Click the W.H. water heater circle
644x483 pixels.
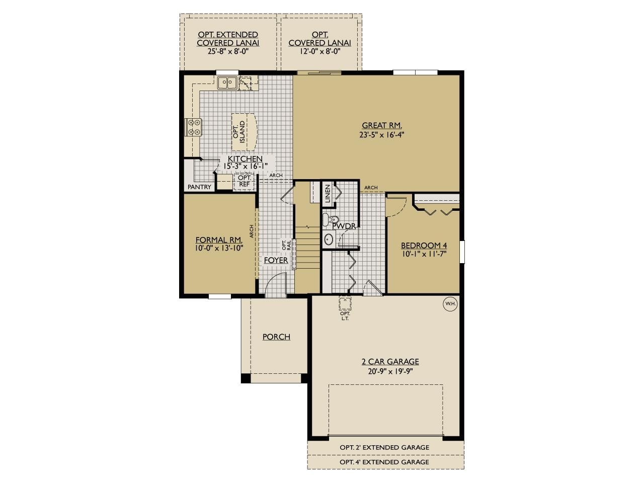449,304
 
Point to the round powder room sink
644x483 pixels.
329,239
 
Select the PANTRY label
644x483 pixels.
199,187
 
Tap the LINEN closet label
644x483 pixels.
328,194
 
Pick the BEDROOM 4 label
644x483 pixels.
424,246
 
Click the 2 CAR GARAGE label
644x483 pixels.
390,362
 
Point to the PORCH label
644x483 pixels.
276,337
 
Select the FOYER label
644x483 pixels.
276,260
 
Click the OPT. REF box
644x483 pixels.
245,181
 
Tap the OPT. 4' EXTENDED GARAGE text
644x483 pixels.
384,462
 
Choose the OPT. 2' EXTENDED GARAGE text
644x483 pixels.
384,447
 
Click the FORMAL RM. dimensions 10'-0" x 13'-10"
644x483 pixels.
219,248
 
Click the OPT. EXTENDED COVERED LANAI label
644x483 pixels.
228,39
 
